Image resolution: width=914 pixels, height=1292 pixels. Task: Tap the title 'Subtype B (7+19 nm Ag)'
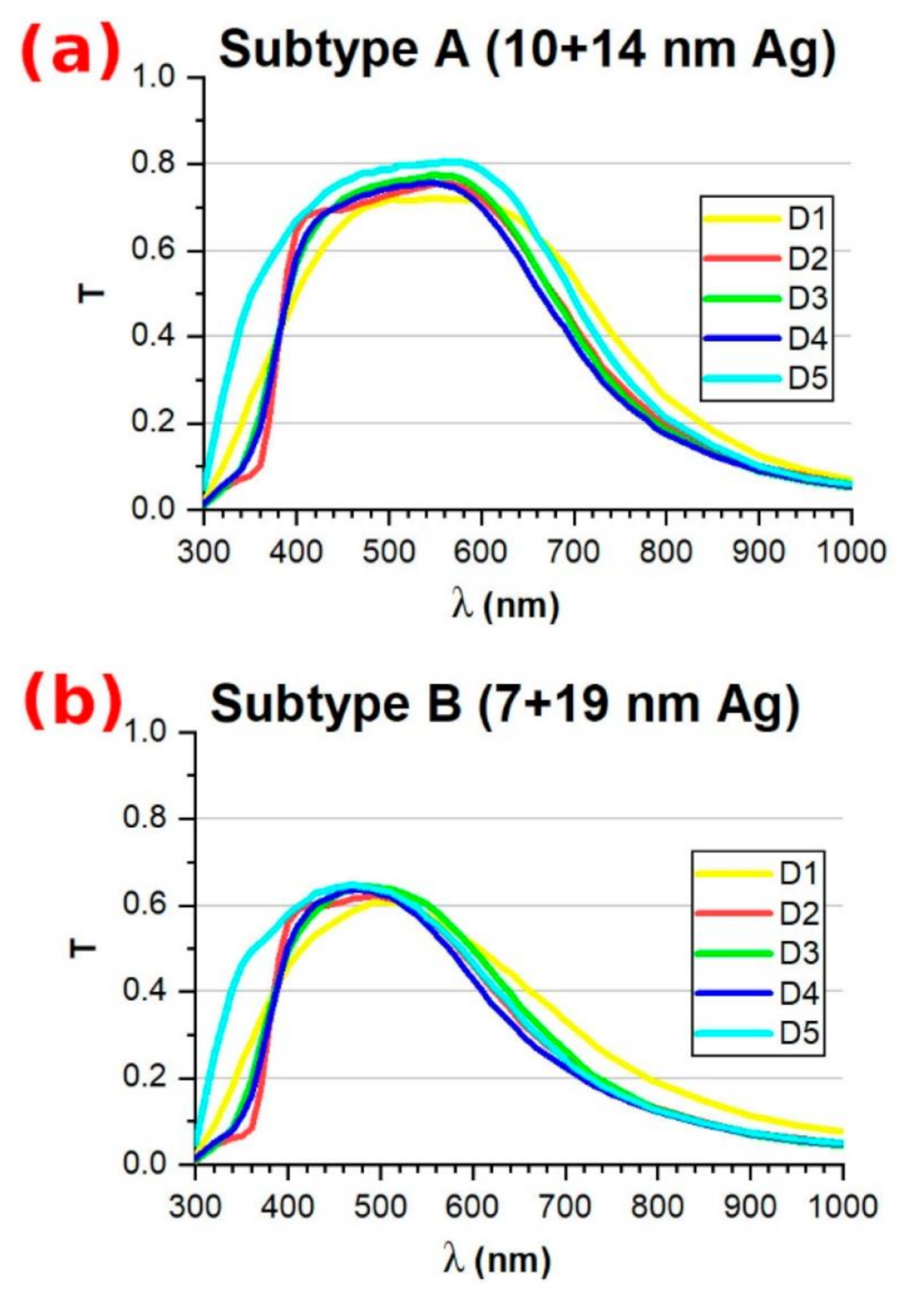click(x=504, y=704)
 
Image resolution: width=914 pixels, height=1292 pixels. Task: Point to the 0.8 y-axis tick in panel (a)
click(x=154, y=164)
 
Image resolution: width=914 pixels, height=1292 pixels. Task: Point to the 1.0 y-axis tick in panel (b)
click(x=146, y=732)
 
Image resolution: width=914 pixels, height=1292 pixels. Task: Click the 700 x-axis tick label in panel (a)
click(x=574, y=552)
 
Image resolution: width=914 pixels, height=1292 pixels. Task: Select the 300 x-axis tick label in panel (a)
click(x=204, y=552)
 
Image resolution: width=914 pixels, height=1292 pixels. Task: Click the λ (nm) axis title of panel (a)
click(x=504, y=605)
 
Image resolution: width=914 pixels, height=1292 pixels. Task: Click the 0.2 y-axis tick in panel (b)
click(x=146, y=1078)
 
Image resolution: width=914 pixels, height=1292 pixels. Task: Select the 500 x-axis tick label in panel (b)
click(x=380, y=1207)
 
